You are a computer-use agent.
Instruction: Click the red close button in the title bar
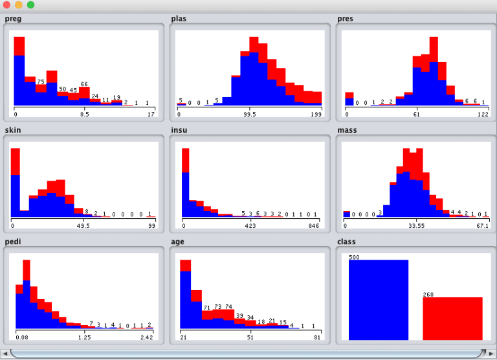7,5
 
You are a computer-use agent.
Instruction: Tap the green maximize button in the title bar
30,5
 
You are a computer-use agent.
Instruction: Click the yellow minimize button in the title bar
19,5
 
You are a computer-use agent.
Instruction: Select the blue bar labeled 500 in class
379,300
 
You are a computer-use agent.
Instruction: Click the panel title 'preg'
13,18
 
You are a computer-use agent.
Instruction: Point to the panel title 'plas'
179,18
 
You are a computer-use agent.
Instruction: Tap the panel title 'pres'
346,18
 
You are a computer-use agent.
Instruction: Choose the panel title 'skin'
13,130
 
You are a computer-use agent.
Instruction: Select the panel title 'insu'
179,130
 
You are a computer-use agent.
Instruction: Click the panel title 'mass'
347,130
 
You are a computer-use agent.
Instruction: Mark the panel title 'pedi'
13,242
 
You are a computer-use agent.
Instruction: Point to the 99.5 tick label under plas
250,114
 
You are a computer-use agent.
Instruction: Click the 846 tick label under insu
314,226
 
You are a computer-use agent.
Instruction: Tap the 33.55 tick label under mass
416,226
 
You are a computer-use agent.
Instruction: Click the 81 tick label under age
317,337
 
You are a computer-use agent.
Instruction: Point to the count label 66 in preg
84,84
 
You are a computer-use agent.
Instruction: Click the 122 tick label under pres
482,114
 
